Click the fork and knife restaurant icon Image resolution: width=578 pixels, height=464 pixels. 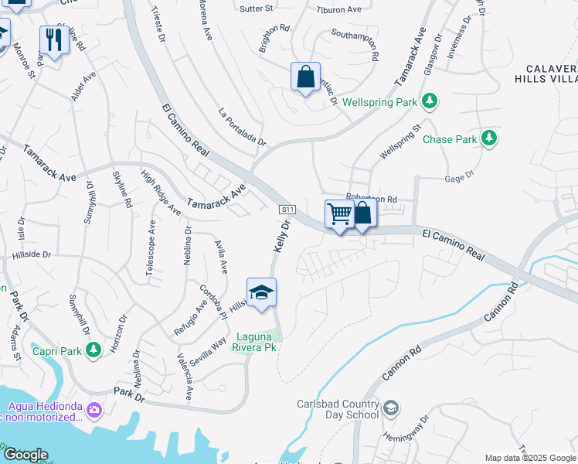[x=53, y=39]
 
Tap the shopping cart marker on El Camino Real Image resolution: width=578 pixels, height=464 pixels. [x=339, y=213]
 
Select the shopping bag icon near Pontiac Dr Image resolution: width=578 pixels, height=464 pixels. [x=306, y=77]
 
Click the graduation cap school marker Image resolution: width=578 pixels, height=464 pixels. [x=261, y=292]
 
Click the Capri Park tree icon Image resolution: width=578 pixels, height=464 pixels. [x=93, y=351]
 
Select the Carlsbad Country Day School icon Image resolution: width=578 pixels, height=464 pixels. [x=391, y=408]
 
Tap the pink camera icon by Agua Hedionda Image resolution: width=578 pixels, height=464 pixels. [x=94, y=408]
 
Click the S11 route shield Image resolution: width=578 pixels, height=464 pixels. [x=287, y=210]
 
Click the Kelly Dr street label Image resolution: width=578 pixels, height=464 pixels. [x=281, y=237]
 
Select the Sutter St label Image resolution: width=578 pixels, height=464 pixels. [x=258, y=9]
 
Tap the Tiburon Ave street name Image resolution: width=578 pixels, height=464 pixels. [x=339, y=10]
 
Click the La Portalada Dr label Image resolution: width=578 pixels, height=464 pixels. [x=242, y=127]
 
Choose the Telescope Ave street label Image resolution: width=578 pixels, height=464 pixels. [x=151, y=250]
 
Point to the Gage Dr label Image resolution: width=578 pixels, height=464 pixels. [x=459, y=179]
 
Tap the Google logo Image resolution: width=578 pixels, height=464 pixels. [x=25, y=455]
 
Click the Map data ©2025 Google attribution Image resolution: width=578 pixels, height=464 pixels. [x=530, y=458]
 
